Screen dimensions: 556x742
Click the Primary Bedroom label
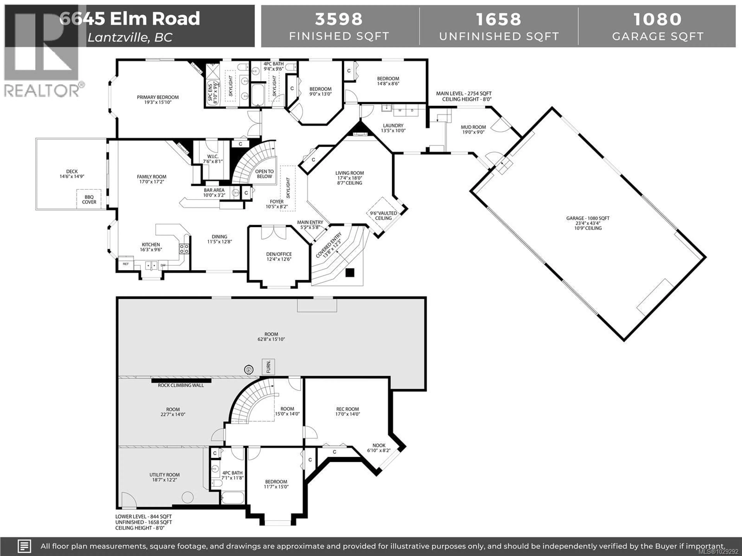[x=158, y=100]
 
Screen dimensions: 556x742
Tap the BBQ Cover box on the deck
[x=89, y=199]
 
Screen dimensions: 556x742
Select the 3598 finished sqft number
[x=339, y=19]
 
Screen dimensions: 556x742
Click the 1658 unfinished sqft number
[x=499, y=19]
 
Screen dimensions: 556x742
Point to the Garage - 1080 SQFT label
[x=588, y=218]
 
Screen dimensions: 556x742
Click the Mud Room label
[x=473, y=129]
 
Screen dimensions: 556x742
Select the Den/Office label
[x=279, y=256]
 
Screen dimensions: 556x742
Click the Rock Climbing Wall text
[x=181, y=385]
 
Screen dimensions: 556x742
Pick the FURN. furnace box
[x=268, y=367]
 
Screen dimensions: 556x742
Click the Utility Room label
[x=164, y=477]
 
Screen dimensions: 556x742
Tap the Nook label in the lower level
[x=379, y=448]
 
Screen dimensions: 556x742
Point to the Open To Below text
[x=264, y=174]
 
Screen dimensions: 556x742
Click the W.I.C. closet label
[x=213, y=159]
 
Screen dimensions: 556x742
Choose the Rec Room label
[x=347, y=411]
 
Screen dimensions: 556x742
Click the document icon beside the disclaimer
[x=24, y=546]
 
